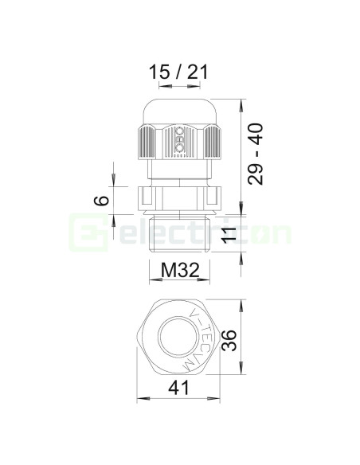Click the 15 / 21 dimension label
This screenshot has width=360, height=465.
(178, 72)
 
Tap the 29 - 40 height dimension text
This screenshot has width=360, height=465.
(256, 154)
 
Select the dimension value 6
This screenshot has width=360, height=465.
(101, 201)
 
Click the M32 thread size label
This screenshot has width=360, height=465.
(180, 270)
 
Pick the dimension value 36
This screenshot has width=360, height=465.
(229, 340)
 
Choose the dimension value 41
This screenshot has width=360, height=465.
(178, 388)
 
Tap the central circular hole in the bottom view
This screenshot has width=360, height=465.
(178, 337)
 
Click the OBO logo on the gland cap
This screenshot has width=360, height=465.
(179, 139)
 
